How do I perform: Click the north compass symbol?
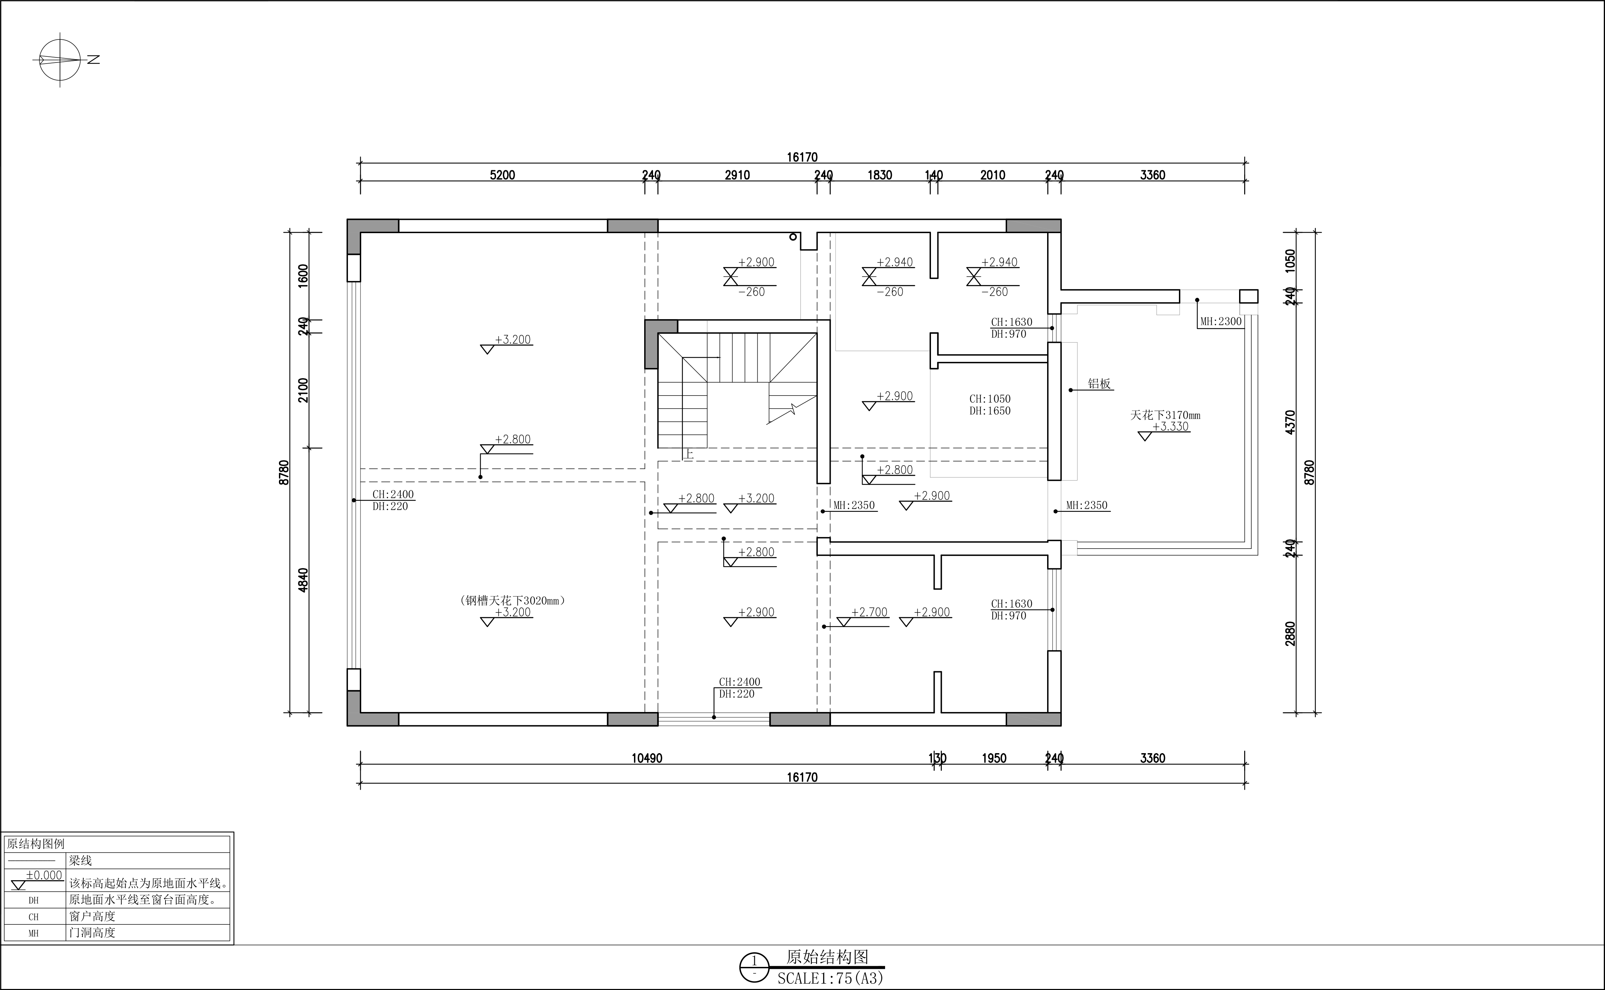tap(60, 59)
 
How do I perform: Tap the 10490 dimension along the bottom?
tap(647, 758)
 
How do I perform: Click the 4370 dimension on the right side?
tap(1290, 422)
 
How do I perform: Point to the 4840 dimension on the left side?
tap(303, 580)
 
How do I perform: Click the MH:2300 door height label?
tap(1221, 322)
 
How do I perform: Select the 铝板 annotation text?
tap(1100, 384)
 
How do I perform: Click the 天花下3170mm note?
tap(1165, 415)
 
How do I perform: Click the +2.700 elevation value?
tap(869, 612)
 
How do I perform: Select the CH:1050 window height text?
tap(990, 399)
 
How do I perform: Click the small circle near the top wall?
tap(793, 237)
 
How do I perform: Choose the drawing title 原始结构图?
tap(827, 957)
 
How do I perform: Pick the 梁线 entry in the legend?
tap(81, 861)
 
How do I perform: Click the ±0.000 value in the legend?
tap(44, 875)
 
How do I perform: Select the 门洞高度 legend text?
tap(92, 932)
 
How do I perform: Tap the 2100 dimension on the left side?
tap(303, 390)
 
